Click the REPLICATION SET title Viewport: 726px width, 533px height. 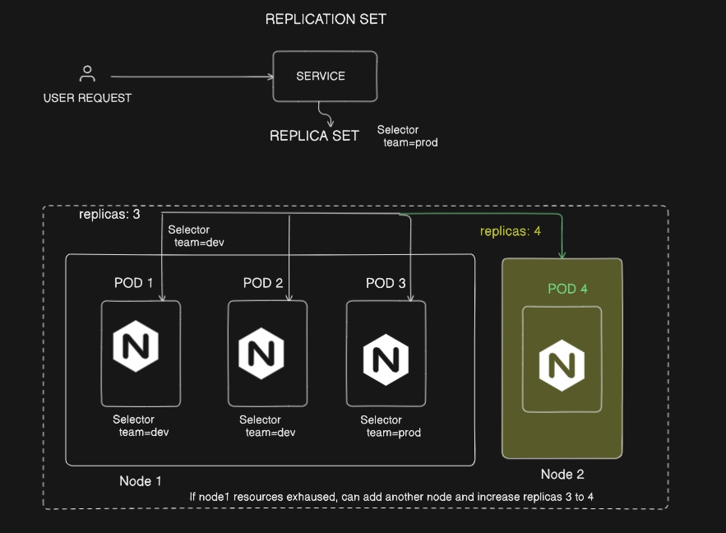pyautogui.click(x=326, y=19)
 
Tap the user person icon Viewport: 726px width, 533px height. pyautogui.click(x=87, y=74)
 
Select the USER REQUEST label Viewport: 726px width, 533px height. pyautogui.click(x=87, y=98)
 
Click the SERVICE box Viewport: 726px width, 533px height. pyautogui.click(x=325, y=76)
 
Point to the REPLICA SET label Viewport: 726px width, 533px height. pyautogui.click(x=314, y=136)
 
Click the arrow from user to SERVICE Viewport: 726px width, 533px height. pyautogui.click(x=189, y=77)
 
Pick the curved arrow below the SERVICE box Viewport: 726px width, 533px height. pyautogui.click(x=326, y=114)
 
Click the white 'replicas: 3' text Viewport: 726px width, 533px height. pyautogui.click(x=109, y=215)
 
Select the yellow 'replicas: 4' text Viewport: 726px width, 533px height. pyautogui.click(x=511, y=231)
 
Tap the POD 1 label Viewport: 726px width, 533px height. pyautogui.click(x=134, y=283)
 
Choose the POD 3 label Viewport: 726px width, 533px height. pyautogui.click(x=386, y=283)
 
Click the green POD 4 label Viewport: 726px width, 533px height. pyautogui.click(x=568, y=290)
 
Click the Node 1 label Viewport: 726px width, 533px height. pyautogui.click(x=141, y=481)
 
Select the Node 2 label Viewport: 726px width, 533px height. pyautogui.click(x=562, y=475)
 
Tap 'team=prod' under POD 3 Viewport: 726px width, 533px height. pyautogui.click(x=394, y=433)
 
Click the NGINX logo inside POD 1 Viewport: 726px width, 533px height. pyautogui.click(x=136, y=348)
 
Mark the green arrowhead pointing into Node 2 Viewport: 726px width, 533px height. pyautogui.click(x=562, y=255)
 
